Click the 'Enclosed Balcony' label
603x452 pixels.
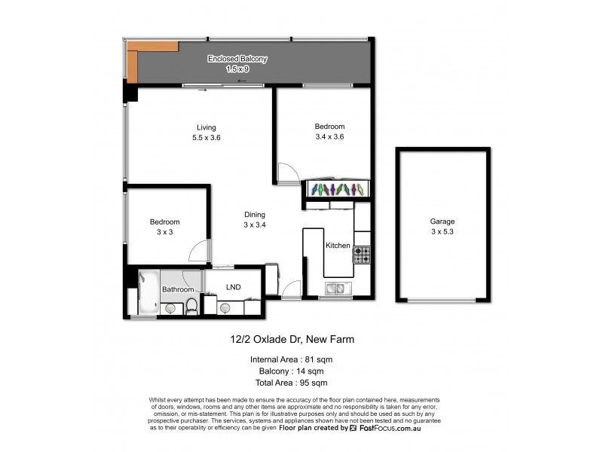(237, 59)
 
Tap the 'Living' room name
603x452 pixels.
(206, 127)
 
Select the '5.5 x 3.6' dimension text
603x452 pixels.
(206, 138)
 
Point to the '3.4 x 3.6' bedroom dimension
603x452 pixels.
(329, 137)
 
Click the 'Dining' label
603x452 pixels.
(254, 215)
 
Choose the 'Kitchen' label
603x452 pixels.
(337, 246)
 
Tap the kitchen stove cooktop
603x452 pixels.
(362, 255)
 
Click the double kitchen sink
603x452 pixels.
(337, 288)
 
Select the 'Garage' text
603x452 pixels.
(442, 221)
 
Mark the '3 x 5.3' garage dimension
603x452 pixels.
(442, 232)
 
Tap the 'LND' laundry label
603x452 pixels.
(234, 287)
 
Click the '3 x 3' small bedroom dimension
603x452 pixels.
(164, 233)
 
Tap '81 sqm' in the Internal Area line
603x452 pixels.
(317, 359)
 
